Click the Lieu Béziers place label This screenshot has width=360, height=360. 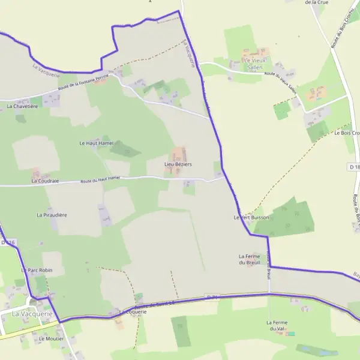(x=178, y=164)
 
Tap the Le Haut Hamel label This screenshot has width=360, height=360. (x=96, y=143)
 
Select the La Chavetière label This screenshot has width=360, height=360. (x=22, y=106)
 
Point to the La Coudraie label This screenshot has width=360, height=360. (x=45, y=180)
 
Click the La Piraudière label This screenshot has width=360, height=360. (x=52, y=214)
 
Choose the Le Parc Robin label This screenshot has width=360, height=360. (x=37, y=270)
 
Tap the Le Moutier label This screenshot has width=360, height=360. (x=51, y=338)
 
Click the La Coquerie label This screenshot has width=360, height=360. (x=133, y=312)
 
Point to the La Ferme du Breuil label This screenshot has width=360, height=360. (x=251, y=259)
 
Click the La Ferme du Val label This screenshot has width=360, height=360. (x=277, y=325)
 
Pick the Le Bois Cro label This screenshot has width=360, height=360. (x=346, y=133)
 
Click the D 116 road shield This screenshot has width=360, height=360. (x=7, y=242)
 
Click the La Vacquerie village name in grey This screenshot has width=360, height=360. (x=32, y=313)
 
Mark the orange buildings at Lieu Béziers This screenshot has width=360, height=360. (x=179, y=154)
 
